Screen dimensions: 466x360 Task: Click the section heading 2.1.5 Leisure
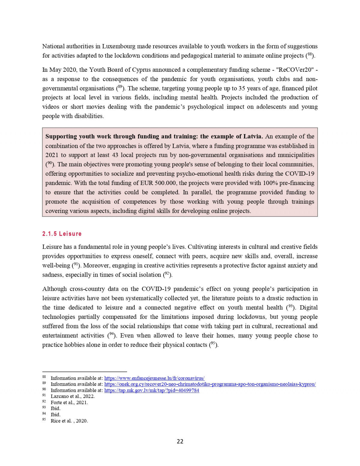(62, 234)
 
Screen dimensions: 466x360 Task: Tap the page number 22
(180, 441)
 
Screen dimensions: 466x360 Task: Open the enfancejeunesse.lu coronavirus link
(154, 378)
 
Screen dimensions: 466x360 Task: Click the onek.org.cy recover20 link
(210, 384)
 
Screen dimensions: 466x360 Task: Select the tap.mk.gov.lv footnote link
(151, 390)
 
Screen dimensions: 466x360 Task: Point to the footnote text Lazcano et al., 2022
(73, 396)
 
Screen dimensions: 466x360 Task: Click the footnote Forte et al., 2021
(69, 402)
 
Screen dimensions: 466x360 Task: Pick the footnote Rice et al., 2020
(69, 421)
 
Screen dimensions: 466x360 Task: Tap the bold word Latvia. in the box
(253, 136)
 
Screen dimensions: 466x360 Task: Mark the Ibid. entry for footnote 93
(55, 408)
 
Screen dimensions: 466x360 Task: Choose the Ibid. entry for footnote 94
(55, 415)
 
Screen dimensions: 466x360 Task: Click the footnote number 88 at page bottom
(44, 377)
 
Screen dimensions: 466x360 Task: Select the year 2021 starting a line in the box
(52, 155)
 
